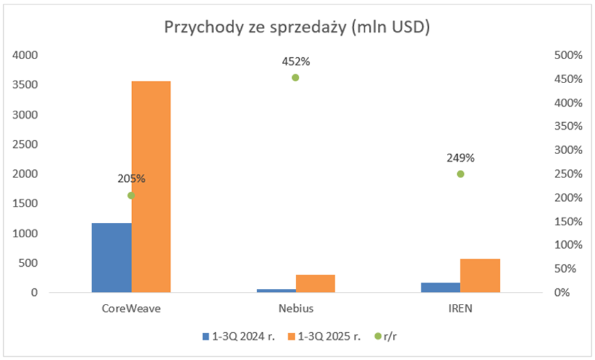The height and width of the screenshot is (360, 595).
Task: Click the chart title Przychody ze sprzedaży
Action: coord(297,28)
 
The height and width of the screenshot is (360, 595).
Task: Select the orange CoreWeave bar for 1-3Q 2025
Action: coord(151,186)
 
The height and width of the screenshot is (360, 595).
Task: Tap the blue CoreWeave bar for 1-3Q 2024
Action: coord(111,257)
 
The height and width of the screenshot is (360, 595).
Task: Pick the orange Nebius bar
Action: coord(315,283)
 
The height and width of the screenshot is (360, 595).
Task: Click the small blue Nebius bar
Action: coord(276,290)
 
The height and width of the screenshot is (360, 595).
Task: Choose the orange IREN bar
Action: coord(480,275)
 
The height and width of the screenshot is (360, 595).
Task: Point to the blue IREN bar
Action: coord(441,287)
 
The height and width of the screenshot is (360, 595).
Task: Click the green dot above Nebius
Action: coord(295,77)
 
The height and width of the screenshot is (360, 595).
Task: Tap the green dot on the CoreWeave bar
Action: coord(131,195)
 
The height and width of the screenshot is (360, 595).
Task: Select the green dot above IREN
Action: coord(460,174)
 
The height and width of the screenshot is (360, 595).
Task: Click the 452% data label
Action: coord(296,62)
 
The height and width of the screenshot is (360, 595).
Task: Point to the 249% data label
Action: coord(460,158)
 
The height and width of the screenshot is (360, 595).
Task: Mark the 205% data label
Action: coord(131,179)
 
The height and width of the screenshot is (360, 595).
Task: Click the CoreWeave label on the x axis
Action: coord(131,309)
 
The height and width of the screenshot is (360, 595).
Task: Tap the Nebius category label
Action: coord(296,309)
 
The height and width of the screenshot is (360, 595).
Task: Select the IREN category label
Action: coord(460,309)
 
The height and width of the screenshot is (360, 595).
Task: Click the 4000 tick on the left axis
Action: coord(26,55)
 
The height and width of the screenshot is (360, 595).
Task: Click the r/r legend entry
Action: coord(390,336)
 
